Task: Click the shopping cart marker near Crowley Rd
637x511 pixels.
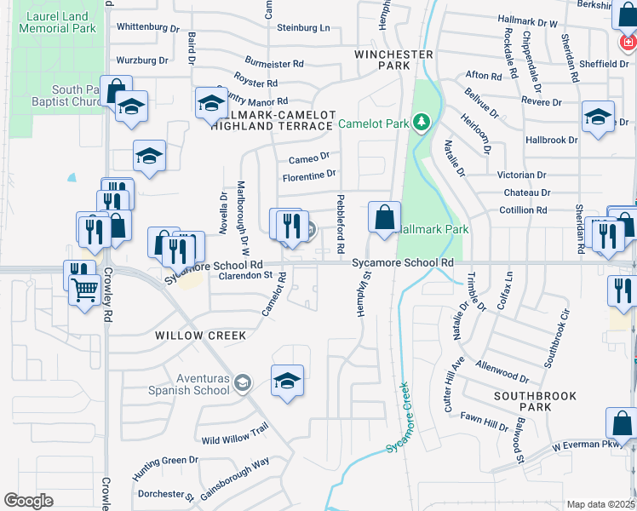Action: pyautogui.click(x=84, y=292)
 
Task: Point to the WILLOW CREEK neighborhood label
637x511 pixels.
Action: pyautogui.click(x=201, y=336)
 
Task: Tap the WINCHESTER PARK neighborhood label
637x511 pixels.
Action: pyautogui.click(x=394, y=60)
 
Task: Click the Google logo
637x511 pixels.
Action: pyautogui.click(x=28, y=500)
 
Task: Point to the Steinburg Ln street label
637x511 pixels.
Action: pyautogui.click(x=301, y=28)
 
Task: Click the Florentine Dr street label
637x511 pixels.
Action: pyautogui.click(x=309, y=175)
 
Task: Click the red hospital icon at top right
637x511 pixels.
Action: pyautogui.click(x=628, y=40)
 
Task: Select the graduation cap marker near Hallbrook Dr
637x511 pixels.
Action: pyautogui.click(x=598, y=117)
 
